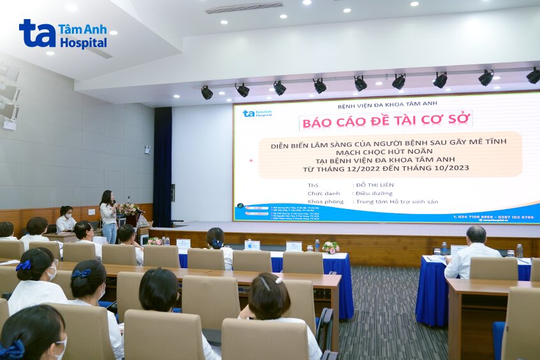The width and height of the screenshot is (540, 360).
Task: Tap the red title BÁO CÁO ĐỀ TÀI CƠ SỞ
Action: pyautogui.click(x=386, y=120)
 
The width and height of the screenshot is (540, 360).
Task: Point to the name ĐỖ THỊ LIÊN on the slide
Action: pyautogui.click(x=374, y=185)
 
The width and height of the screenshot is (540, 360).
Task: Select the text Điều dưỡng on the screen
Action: pyautogui.click(x=370, y=193)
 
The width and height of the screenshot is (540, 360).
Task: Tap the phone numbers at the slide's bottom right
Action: pyautogui.click(x=495, y=217)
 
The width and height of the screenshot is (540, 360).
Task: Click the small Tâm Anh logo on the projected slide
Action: pyautogui.click(x=257, y=113)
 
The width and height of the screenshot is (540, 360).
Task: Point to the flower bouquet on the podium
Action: pyautogui.click(x=128, y=208)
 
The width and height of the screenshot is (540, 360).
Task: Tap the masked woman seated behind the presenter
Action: pyautogui.click(x=65, y=219)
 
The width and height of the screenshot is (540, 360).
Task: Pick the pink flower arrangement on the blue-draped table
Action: pyautogui.click(x=330, y=247)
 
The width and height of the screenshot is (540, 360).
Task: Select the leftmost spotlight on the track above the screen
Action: pyautogui.click(x=207, y=93)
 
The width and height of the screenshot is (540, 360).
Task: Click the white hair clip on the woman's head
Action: pyautogui.click(x=279, y=279)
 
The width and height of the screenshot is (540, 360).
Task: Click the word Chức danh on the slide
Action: pyautogui.click(x=321, y=193)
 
